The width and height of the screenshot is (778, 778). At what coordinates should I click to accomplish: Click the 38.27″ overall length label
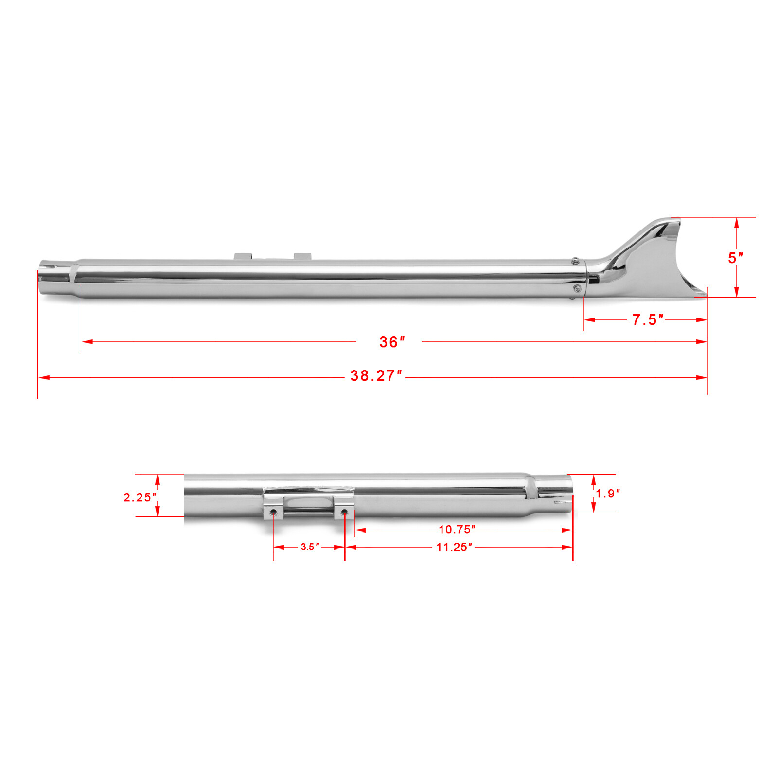click(376, 376)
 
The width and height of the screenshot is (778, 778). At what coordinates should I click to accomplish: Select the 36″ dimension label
click(391, 342)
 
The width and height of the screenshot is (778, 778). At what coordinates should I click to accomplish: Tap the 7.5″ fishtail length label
click(647, 320)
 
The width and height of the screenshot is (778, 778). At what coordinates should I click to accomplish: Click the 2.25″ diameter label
click(140, 497)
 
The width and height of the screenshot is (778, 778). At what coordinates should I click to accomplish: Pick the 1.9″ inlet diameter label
click(608, 494)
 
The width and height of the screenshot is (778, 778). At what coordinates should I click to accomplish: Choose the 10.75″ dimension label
click(457, 530)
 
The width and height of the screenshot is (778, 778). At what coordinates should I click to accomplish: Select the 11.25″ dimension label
click(454, 547)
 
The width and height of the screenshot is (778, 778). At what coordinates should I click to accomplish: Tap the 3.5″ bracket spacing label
click(310, 547)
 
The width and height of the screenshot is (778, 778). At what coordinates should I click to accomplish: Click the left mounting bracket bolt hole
click(273, 513)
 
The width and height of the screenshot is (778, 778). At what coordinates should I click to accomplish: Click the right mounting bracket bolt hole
click(344, 512)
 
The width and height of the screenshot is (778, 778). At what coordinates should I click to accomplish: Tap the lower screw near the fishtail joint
click(577, 289)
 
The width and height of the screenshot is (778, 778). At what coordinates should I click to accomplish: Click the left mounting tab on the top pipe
click(243, 256)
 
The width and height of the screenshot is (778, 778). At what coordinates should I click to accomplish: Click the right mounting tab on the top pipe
click(302, 256)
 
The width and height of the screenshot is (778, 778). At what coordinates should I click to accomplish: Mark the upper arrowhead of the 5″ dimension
click(737, 223)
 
